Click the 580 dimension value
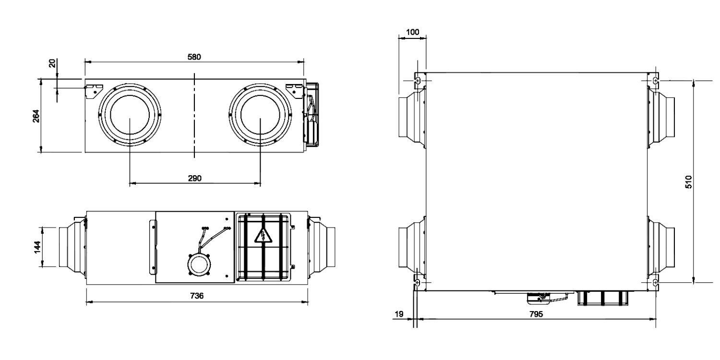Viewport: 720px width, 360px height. coord(194,57)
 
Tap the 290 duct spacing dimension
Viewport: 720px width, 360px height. coord(194,178)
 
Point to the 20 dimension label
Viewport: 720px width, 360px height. coord(52,63)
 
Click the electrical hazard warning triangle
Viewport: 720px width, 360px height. coord(263,236)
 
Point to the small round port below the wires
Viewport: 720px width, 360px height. coord(199,264)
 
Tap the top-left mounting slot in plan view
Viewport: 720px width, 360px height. coord(418,80)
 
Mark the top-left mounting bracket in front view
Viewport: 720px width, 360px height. coord(93,89)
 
